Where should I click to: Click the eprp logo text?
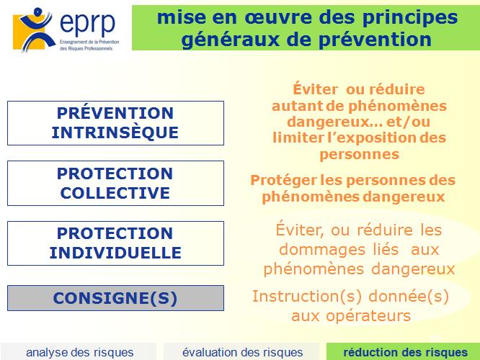[87, 24]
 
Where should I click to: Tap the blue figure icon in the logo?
[35, 29]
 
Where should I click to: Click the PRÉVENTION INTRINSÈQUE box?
[116, 123]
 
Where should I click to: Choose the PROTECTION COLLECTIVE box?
[116, 183]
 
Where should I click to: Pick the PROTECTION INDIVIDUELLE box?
[116, 243]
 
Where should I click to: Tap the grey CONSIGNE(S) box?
[116, 298]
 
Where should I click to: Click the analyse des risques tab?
[79, 352]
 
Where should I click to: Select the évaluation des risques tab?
[242, 352]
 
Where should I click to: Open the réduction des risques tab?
[405, 352]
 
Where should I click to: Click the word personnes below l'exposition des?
[360, 155]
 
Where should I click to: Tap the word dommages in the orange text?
[322, 250]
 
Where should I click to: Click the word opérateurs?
[368, 316]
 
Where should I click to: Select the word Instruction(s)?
[307, 297]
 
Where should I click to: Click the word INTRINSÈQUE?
[115, 133]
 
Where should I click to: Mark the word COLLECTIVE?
[115, 193]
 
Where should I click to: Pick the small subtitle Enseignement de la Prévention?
[89, 42]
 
